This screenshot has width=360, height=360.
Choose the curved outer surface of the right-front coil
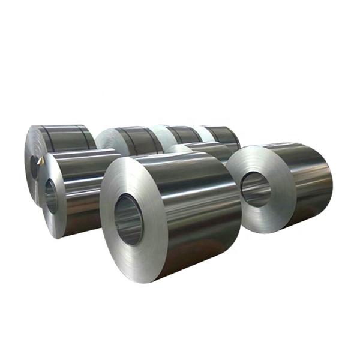click(306, 180)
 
